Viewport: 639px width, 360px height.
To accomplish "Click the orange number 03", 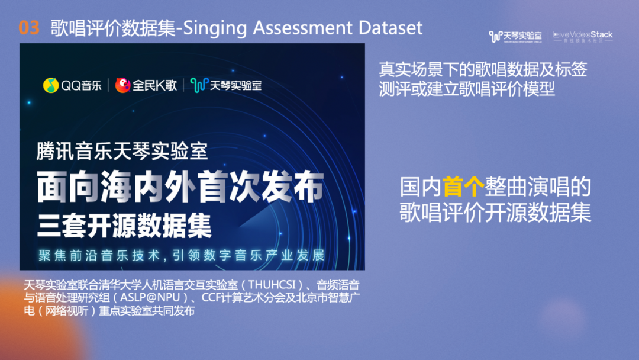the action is [x=29, y=28].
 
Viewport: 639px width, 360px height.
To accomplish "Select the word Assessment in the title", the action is [x=302, y=28].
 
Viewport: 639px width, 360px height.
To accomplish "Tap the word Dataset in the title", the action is [x=390, y=28].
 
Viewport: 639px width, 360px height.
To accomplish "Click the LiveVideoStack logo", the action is [x=583, y=37].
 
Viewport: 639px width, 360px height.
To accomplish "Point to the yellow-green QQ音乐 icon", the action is [x=51, y=85].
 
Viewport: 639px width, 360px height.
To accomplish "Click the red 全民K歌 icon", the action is [x=122, y=85].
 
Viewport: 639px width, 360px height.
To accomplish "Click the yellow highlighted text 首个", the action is [x=463, y=187].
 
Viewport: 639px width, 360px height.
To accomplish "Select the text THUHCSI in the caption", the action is [x=272, y=285].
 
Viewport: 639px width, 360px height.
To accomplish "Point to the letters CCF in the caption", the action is [x=211, y=297].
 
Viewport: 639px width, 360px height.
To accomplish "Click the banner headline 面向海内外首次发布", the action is [x=180, y=187].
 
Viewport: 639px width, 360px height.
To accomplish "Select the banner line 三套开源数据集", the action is [x=124, y=226].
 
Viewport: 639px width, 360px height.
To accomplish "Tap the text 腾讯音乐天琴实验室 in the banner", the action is [x=122, y=151].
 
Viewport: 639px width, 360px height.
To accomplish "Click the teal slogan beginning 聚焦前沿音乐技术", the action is [x=182, y=255].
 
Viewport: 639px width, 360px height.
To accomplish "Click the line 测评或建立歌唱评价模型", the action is [x=467, y=88].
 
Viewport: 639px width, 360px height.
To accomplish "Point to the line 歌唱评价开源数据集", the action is [x=495, y=212].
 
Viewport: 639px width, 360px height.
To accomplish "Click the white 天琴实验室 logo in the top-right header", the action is [x=515, y=37].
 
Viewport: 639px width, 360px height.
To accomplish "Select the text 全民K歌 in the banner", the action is [x=155, y=85].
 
